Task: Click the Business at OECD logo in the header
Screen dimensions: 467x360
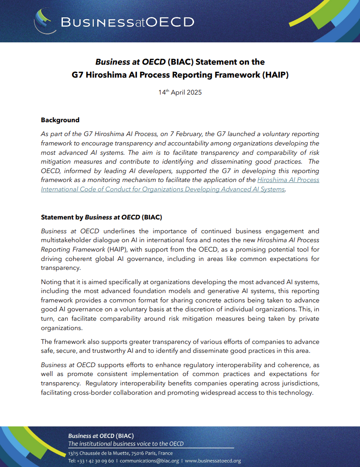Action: (114, 22)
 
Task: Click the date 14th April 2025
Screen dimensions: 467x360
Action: (180, 92)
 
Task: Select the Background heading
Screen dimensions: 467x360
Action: (60, 120)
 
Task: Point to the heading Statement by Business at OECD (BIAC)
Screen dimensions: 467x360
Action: (101, 217)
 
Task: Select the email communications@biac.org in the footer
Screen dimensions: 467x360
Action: (149, 461)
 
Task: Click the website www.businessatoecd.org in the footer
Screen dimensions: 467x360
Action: (213, 461)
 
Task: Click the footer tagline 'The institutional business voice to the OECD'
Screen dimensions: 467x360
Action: (126, 444)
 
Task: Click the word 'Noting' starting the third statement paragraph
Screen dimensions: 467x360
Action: (51, 282)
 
